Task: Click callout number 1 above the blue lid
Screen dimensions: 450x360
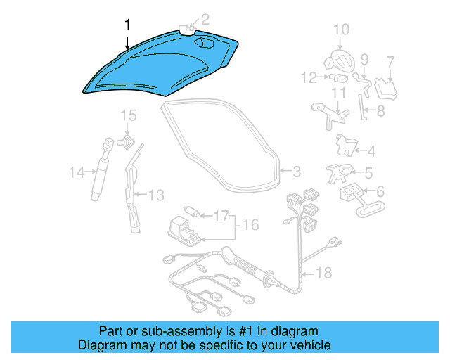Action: coord(127,25)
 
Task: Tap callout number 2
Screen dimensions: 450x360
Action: coord(205,20)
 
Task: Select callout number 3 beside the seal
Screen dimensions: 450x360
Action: coord(296,171)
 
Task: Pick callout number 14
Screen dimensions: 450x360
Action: coord(76,171)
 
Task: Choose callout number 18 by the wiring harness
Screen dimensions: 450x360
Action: coord(324,272)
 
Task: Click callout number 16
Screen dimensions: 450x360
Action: coord(251,225)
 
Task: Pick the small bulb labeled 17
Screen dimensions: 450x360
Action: coord(191,211)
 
